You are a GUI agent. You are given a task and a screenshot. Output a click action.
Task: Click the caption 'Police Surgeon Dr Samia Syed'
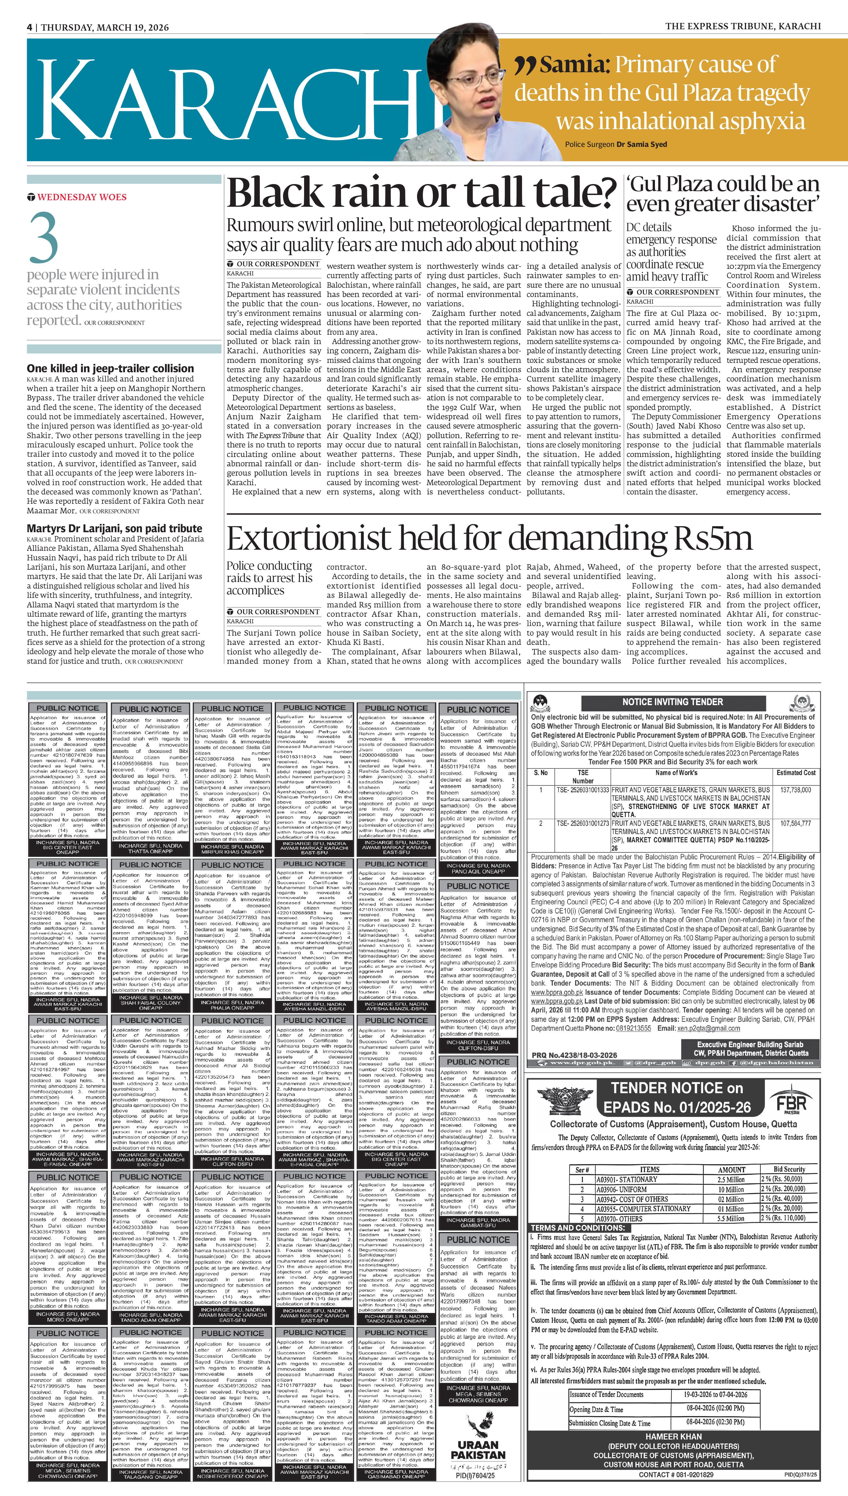tap(616, 144)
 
